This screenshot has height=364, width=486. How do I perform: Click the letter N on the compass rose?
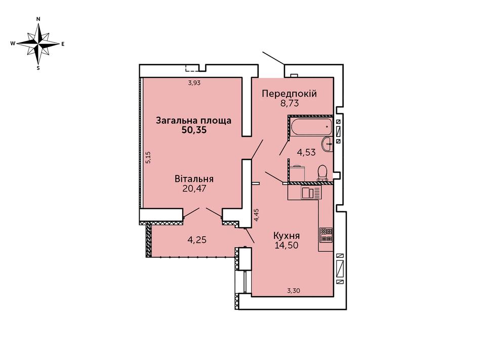[x=38, y=19]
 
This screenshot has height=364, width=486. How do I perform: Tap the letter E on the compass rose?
[x=63, y=44]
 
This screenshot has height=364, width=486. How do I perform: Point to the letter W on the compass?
[x=13, y=43]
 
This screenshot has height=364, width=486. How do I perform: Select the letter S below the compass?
[x=38, y=68]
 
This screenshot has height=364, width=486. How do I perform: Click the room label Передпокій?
[x=289, y=94]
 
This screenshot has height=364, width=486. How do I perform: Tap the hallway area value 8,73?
[x=290, y=103]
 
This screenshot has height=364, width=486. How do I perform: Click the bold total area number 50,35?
[x=194, y=130]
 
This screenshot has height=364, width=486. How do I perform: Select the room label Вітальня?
[x=194, y=179]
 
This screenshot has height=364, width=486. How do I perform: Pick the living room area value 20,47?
[x=194, y=189]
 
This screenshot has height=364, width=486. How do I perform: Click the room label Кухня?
[x=287, y=236]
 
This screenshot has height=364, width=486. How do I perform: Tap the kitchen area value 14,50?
[x=287, y=246]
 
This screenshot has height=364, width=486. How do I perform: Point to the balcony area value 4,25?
[x=197, y=240]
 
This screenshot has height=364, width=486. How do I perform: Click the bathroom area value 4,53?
[x=306, y=152]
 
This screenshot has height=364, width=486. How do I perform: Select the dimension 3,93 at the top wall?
[x=194, y=82]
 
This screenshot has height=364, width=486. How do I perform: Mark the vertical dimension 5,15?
[x=148, y=157]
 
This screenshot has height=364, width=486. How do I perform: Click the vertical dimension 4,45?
[x=256, y=215]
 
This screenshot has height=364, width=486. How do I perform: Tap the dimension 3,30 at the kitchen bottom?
[x=294, y=291]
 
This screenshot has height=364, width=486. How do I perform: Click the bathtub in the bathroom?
[x=311, y=126]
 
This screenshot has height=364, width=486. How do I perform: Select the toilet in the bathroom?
[x=322, y=173]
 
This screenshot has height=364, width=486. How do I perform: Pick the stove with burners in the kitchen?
[x=326, y=235]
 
